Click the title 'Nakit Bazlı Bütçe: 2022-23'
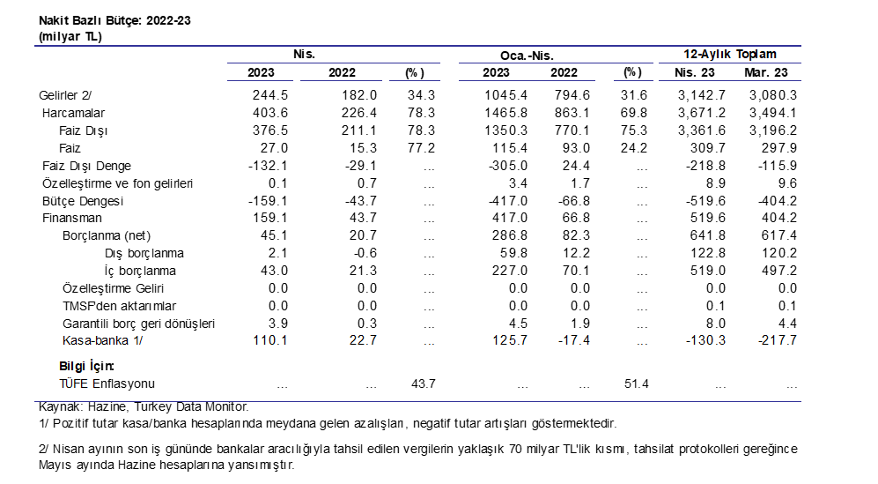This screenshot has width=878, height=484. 114,21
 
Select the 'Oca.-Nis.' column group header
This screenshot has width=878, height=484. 527,56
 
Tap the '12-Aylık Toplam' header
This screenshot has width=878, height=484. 730,55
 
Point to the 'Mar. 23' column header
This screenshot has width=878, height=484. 766,72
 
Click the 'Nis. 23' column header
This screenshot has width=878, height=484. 694,72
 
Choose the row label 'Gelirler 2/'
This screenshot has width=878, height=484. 65,95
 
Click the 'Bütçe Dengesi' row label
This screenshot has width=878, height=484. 82,201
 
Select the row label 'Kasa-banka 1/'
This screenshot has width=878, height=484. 102,340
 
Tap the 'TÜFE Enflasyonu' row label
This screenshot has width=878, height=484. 107,383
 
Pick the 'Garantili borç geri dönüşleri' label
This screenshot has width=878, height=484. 139,324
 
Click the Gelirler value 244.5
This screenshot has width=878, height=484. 269,95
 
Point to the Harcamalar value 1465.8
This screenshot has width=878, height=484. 505,113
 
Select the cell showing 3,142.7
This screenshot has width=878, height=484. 702,95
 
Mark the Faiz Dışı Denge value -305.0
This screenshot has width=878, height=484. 508,166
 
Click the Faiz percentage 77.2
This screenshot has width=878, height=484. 421,148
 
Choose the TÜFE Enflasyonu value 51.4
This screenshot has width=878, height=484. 636,383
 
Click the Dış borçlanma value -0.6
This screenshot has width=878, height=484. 364,253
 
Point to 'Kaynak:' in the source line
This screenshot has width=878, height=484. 61,406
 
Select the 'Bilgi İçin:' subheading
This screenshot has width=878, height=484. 86,366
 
